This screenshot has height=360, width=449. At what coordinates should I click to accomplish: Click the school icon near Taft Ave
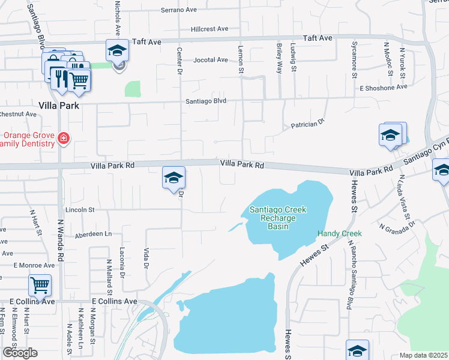coord(118,50)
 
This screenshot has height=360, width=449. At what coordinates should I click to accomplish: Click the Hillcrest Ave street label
coord(210,29)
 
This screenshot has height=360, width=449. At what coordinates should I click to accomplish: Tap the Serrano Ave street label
coord(179,10)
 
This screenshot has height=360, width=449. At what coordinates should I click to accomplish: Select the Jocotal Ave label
coord(211,60)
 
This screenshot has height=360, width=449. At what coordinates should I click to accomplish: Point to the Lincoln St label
coord(80,210)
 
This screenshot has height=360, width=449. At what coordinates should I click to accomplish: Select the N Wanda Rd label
coord(60,241)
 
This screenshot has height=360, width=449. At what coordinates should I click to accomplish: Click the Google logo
coord(20,353)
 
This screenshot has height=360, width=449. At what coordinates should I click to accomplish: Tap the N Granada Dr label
coord(397,224)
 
